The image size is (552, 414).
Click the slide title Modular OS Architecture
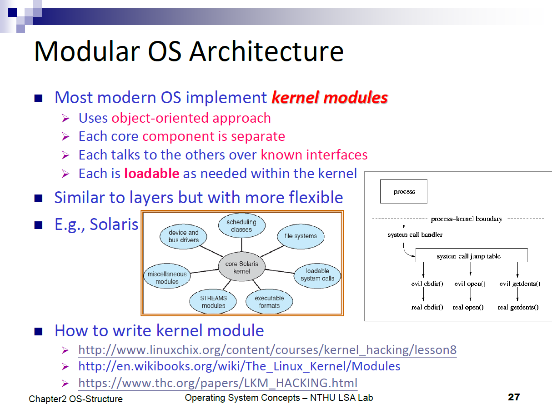[189, 51]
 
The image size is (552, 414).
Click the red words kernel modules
[330, 97]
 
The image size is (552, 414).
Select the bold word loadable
[151, 173]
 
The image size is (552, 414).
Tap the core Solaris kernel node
[241, 267]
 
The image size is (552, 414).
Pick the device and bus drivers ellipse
[183, 236]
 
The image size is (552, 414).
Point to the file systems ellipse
[300, 236]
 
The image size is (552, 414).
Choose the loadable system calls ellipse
[317, 274]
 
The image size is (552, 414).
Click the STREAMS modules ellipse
[213, 302]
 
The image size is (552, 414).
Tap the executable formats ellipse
[269, 302]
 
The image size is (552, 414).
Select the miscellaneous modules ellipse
[167, 278]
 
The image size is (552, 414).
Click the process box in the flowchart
[404, 191]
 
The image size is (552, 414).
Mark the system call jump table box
[472, 255]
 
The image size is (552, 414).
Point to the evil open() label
[470, 284]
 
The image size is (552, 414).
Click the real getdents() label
[518, 307]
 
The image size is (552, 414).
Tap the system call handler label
[415, 234]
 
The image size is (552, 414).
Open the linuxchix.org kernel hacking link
[267, 350]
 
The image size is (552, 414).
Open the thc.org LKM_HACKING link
[218, 383]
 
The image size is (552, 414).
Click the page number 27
[513, 397]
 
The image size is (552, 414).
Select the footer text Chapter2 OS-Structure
[75, 399]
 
